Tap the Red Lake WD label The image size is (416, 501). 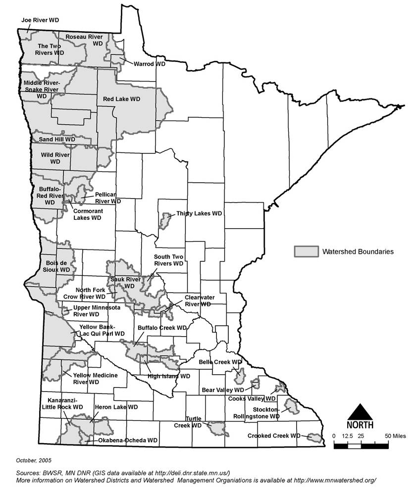(121, 99)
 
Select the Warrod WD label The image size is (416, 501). (150, 64)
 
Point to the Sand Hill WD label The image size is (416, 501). (57, 140)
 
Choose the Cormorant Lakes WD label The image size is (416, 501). (87, 214)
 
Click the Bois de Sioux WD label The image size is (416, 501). (55, 266)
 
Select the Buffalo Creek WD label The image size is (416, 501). (162, 328)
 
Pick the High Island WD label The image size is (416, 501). (169, 376)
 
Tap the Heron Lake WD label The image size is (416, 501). (115, 406)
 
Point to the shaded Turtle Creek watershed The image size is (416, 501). (217, 428)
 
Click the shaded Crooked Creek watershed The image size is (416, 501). (312, 437)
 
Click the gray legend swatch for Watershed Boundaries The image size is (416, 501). (306, 251)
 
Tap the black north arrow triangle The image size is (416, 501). (360, 411)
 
